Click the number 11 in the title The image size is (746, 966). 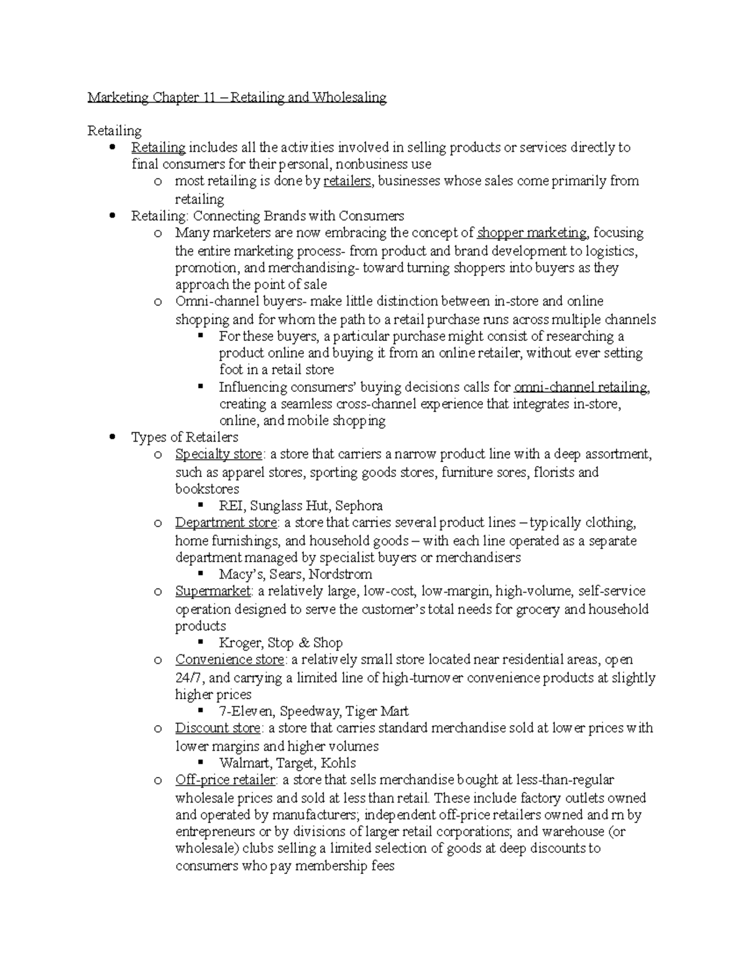tap(208, 98)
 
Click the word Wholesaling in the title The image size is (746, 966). tap(349, 98)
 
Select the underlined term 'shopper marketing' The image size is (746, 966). tap(532, 233)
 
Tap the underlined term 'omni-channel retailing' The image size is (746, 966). tap(582, 388)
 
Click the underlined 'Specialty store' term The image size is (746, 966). tap(218, 455)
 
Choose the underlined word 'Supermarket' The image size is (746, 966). tap(213, 591)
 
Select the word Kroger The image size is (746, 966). tap(239, 643)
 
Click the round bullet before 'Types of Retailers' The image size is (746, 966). tap(112, 437)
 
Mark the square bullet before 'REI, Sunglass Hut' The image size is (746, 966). tap(200, 505)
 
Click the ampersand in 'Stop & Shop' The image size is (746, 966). tap(304, 643)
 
